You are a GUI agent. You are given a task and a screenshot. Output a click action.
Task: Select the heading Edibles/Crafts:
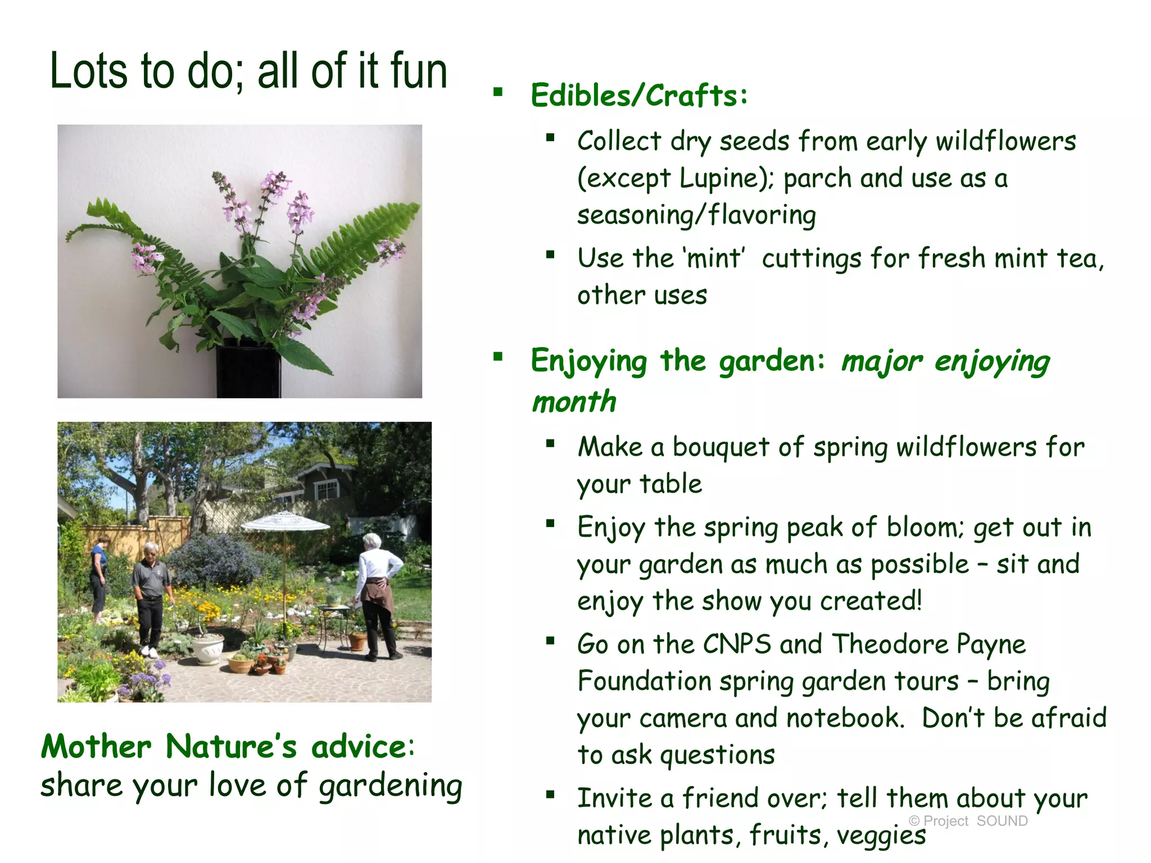639,96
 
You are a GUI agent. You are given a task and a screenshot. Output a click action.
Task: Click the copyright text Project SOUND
968,821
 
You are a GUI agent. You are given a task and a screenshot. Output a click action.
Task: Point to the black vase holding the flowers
248,371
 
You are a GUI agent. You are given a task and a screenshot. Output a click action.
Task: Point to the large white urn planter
207,649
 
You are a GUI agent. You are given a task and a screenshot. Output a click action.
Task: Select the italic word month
574,402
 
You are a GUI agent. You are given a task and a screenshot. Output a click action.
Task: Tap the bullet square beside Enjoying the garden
498,357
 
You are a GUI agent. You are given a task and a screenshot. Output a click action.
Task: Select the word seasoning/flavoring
696,215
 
